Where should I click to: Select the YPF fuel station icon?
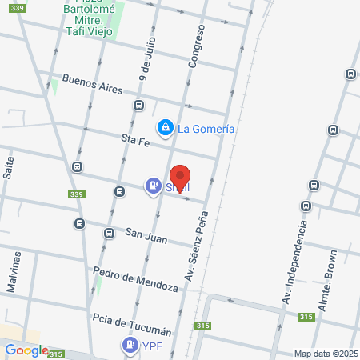pos(129,346)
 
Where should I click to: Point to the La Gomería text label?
pos(206,128)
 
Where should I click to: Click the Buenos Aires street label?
pos(92,82)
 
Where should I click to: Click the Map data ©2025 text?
pos(324,354)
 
